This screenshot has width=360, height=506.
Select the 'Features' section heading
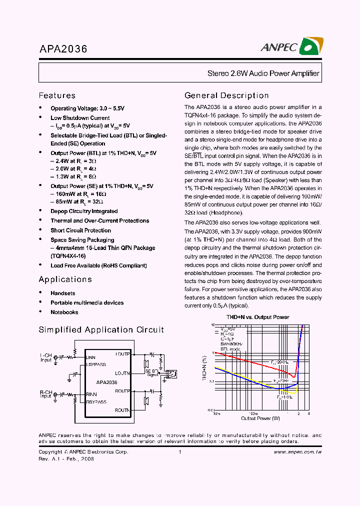[57, 95]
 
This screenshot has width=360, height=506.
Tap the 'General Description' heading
[226, 95]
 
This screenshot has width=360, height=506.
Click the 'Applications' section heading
[65, 279]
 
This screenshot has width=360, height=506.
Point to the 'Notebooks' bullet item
[64, 312]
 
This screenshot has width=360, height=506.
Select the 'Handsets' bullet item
[63, 293]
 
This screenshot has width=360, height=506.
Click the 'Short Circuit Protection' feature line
[80, 230]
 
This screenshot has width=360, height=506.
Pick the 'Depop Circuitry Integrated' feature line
[84, 211]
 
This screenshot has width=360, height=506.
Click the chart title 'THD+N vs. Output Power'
[257, 317]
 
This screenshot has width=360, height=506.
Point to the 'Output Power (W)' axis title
[260, 418]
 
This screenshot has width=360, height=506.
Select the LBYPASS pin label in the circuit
[96, 364]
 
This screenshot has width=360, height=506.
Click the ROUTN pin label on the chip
[122, 410]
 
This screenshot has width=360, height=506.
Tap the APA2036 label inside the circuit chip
[107, 382]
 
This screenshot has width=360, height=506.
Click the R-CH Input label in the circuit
[46, 394]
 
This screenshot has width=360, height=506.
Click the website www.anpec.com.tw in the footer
[297, 452]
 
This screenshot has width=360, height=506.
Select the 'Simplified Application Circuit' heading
[101, 329]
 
